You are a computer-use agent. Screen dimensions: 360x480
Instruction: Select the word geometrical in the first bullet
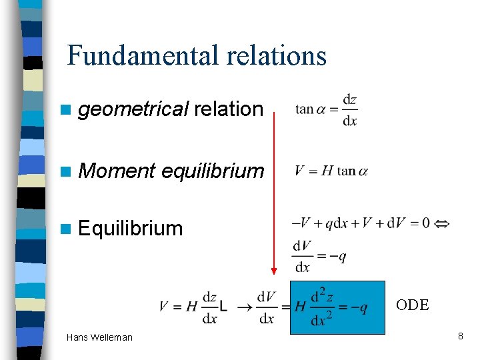coord(133,109)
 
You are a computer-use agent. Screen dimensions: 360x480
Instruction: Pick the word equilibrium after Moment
coord(213,171)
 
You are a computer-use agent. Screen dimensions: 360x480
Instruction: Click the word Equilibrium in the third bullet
coord(130,228)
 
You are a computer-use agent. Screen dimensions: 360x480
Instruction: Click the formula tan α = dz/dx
coord(327,109)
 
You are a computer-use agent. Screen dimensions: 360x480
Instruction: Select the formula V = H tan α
coord(331,171)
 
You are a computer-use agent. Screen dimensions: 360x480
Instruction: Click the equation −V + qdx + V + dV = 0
coord(361,223)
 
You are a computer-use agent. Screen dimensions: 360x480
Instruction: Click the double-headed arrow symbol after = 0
coord(441,223)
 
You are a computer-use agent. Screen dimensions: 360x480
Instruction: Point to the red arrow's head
coord(273,271)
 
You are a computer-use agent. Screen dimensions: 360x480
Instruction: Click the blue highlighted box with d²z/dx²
coord(337,307)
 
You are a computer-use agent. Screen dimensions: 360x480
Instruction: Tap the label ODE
coord(412,305)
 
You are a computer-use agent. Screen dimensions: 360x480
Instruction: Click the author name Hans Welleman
coord(99,337)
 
